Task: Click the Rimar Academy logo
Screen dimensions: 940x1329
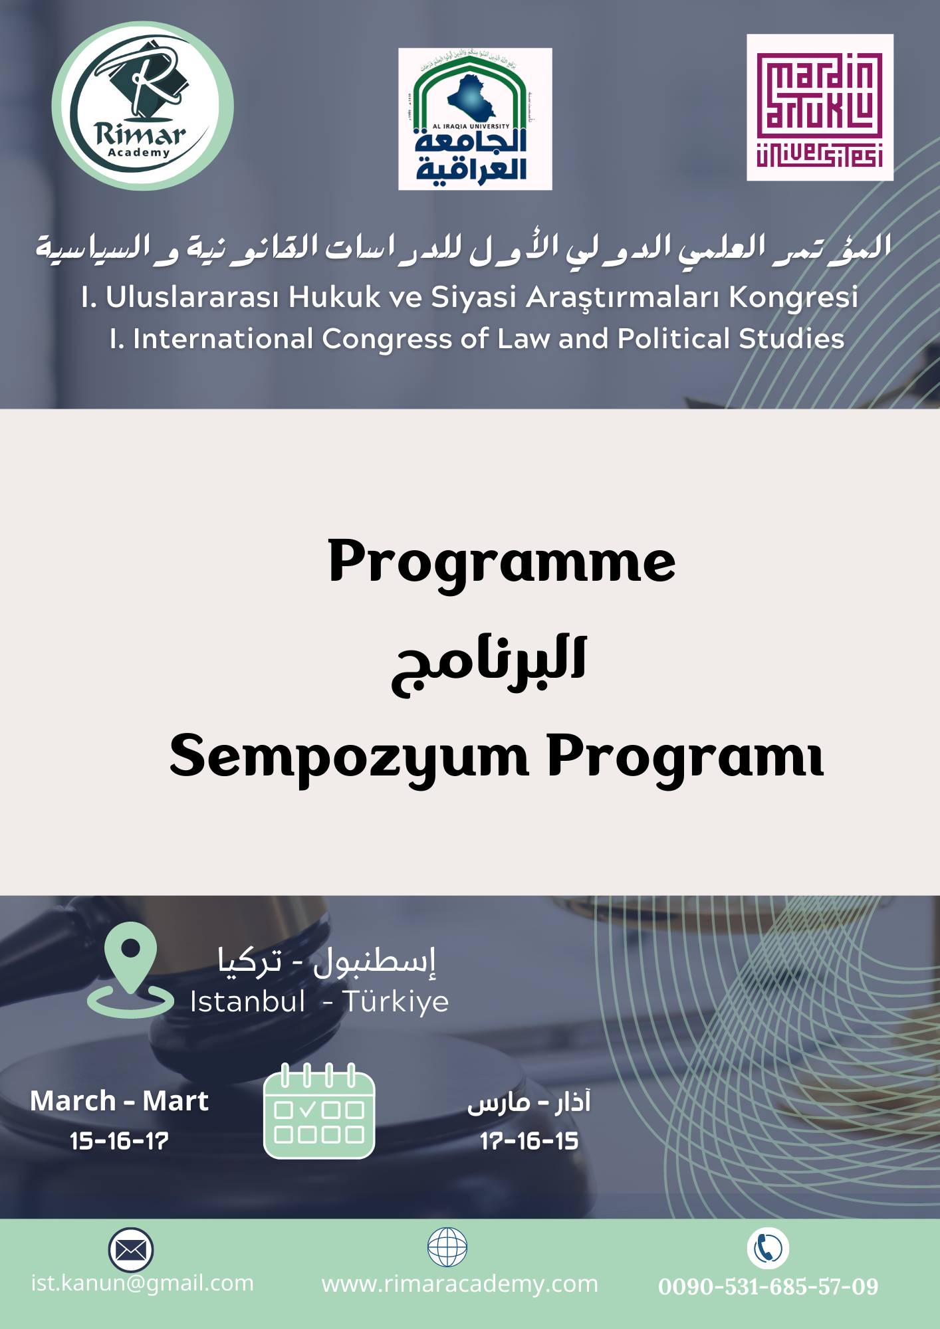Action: (x=143, y=106)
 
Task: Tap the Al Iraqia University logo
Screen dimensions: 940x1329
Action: (x=475, y=119)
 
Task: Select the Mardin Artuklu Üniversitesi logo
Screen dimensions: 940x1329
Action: (x=820, y=108)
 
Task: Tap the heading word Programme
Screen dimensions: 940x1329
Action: (x=502, y=562)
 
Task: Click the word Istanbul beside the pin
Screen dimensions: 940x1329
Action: (x=247, y=1001)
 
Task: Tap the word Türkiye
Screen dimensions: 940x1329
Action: (x=396, y=1002)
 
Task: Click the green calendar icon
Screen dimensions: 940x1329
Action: (x=319, y=1111)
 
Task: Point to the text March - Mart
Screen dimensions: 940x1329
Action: (x=120, y=1101)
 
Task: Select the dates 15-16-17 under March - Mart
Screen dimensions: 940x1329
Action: (x=120, y=1141)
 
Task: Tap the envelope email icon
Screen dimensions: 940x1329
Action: (x=131, y=1250)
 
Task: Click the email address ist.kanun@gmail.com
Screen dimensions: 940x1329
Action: (x=142, y=1283)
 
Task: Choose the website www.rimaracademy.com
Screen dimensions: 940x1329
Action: (x=460, y=1284)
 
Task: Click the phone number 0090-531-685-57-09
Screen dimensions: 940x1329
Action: (x=768, y=1286)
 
